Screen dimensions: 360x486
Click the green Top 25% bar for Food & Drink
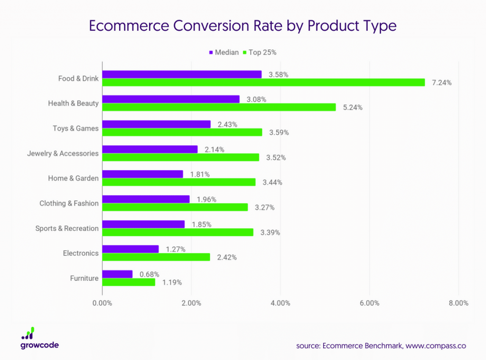coord(263,83)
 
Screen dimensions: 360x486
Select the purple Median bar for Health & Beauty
coord(171,99)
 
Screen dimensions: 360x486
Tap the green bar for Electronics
coord(156,257)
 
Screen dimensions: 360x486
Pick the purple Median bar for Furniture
coord(117,274)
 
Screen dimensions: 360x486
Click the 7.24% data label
coord(441,83)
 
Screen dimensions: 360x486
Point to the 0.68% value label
coord(149,274)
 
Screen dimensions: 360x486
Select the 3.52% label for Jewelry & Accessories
coord(276,157)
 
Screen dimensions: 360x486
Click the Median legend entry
coord(224,52)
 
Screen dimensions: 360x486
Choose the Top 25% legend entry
coord(259,52)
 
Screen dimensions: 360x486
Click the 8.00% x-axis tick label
coord(458,303)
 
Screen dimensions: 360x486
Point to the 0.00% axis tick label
coord(103,303)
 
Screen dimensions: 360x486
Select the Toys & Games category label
coord(75,128)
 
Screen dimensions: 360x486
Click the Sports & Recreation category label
coord(67,228)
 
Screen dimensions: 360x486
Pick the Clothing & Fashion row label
coord(69,203)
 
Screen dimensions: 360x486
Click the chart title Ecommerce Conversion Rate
coord(243,26)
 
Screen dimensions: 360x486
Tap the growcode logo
coord(39,338)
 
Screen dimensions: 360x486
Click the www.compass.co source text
coord(436,346)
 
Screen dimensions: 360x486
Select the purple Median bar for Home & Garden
coord(142,174)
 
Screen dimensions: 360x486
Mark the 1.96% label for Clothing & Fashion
coord(206,199)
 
